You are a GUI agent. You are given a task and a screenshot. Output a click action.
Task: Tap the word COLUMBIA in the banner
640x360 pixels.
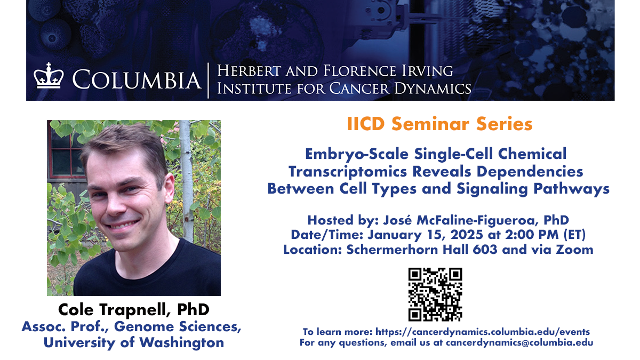(x=137, y=80)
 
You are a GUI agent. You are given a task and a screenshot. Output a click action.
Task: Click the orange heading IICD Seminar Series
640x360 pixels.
(x=439, y=124)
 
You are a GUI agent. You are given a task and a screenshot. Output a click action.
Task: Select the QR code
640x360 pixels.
(x=435, y=294)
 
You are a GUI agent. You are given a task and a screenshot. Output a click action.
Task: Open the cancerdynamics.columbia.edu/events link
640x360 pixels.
(x=483, y=332)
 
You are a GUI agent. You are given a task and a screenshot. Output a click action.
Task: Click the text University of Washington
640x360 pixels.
(x=134, y=342)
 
